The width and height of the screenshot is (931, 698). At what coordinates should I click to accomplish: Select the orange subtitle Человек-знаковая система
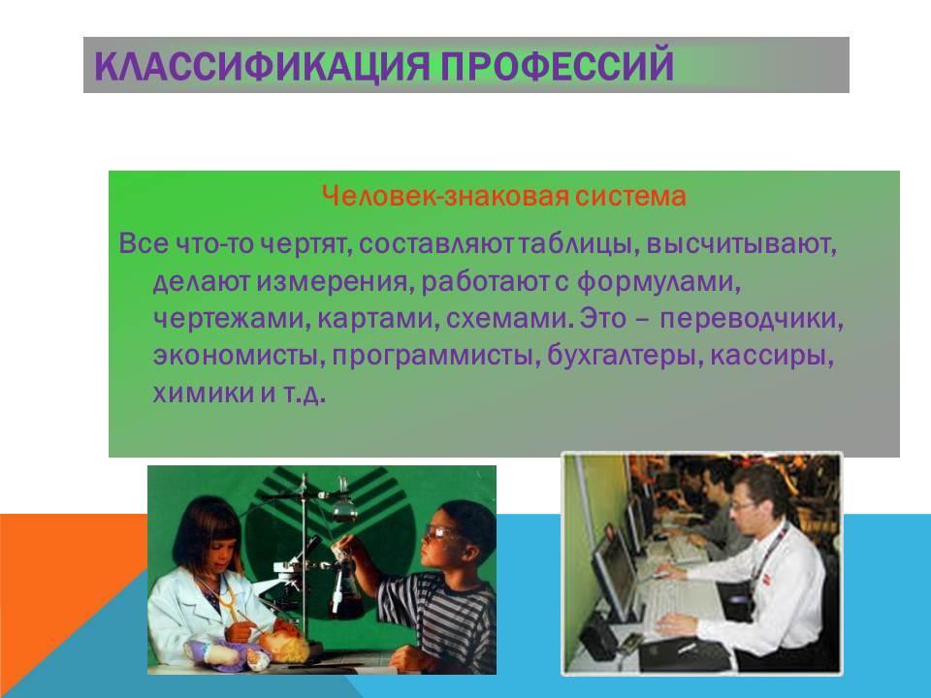click(504, 195)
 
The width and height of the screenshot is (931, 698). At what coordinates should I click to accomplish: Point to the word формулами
click(659, 281)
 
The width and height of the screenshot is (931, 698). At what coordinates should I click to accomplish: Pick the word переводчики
click(752, 319)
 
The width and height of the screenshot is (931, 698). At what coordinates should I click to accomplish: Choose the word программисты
click(435, 356)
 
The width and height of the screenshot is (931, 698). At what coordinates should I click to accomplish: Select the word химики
click(203, 393)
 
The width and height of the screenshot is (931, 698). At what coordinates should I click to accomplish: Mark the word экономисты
click(239, 356)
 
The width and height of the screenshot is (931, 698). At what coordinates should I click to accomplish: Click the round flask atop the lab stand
click(344, 508)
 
